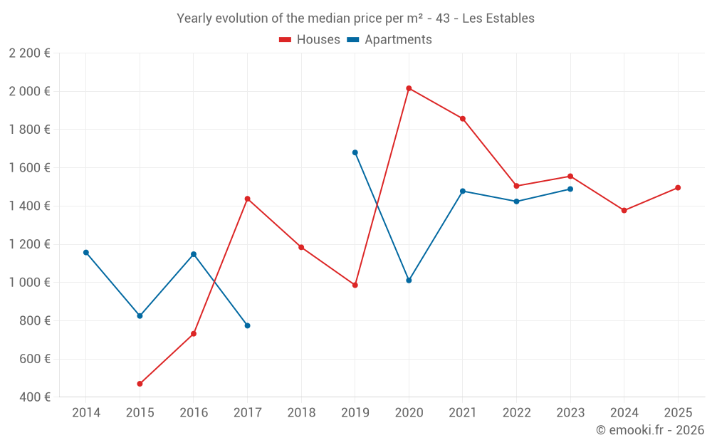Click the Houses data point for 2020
coord(409,88)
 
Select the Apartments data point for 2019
coord(355,152)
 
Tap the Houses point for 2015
coord(140,384)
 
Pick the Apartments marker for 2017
coord(247,325)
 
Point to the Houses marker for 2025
coord(678,188)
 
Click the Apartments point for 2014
coord(86,253)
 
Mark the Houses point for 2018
coord(301,247)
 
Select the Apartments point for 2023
coord(570,189)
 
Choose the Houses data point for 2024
coord(624,211)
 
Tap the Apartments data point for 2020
coord(409,281)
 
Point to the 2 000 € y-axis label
coord(29,91)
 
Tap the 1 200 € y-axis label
coord(29,244)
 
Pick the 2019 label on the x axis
coord(355,413)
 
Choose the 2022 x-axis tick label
coord(516,413)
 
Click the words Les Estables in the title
coord(498,19)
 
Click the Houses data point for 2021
coord(463,119)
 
